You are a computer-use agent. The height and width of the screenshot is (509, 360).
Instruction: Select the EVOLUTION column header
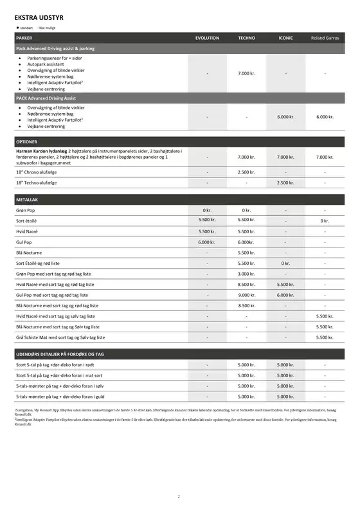coord(207,38)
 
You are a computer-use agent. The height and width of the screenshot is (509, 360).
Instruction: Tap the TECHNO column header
coord(247,38)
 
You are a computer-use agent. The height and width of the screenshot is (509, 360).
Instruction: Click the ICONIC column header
coord(286,38)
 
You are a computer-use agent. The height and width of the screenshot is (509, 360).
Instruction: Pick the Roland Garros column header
coord(325,38)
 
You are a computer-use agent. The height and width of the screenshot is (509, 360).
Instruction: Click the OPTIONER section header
coord(26,141)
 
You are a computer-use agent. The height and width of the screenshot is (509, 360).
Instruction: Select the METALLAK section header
coord(27,200)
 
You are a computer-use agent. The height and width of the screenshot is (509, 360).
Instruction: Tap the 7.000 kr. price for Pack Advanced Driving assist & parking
coord(247,73)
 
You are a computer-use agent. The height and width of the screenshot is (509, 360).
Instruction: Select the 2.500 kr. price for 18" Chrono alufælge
coord(247,172)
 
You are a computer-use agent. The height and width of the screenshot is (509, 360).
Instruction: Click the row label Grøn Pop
coord(26,210)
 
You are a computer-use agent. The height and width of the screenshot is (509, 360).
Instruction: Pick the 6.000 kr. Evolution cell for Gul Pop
coord(207,242)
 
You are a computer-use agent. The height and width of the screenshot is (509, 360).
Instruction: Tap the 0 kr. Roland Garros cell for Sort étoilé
coord(325,221)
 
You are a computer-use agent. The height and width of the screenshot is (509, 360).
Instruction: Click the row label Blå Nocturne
coord(30,253)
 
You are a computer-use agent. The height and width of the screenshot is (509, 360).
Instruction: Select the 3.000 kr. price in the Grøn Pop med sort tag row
coord(247,274)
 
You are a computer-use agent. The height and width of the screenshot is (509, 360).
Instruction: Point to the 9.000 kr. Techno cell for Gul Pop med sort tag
coord(247,295)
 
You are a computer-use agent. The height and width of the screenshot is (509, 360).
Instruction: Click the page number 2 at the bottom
coord(179,496)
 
